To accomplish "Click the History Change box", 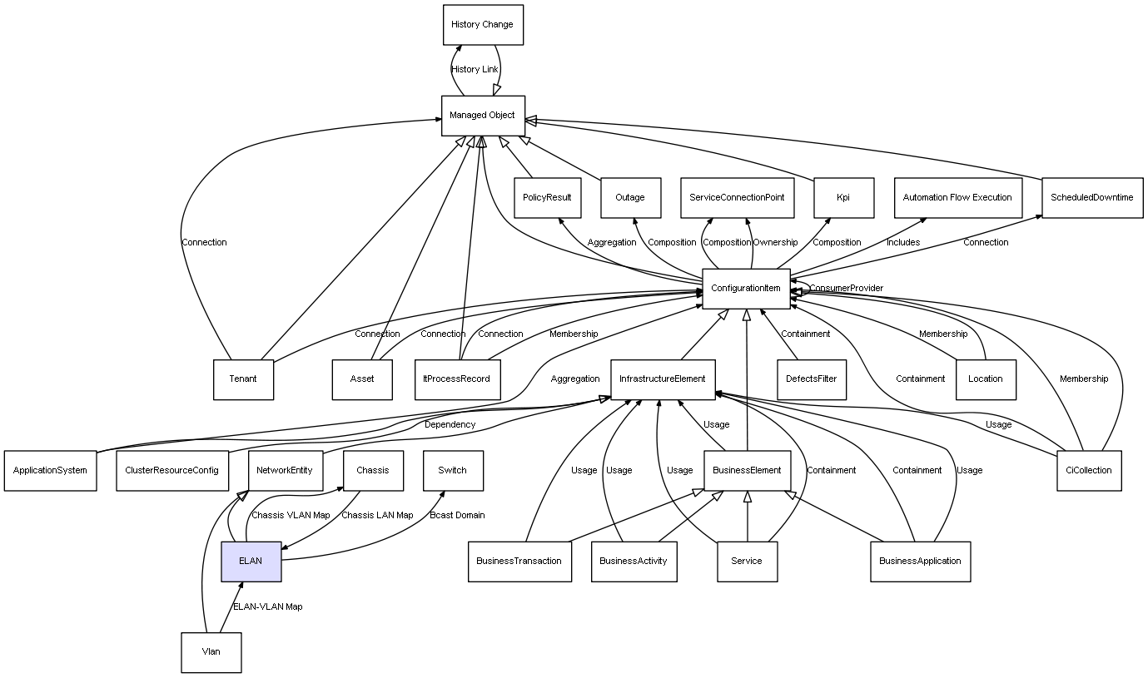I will tap(483, 25).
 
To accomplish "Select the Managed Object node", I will tap(483, 116).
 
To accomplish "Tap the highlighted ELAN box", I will tap(251, 561).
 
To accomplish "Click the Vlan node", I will tap(211, 651).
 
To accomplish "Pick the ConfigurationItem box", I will tap(746, 289).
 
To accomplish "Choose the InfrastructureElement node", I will tap(663, 379).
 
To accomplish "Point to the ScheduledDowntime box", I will tap(1092, 198).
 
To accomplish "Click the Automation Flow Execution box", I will tap(957, 198).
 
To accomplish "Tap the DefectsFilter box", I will tap(812, 379).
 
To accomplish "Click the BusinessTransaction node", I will tap(519, 561).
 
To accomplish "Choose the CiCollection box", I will tap(1089, 470).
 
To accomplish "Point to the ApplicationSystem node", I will tap(50, 470).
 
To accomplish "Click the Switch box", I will tap(453, 470).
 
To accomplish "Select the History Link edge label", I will tap(475, 70).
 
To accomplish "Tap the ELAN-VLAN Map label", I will tap(268, 606).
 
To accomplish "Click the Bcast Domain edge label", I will tap(457, 515).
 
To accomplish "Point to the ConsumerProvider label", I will tap(847, 289).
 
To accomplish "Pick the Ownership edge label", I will tap(775, 243).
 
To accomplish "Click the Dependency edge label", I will tap(450, 424).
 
